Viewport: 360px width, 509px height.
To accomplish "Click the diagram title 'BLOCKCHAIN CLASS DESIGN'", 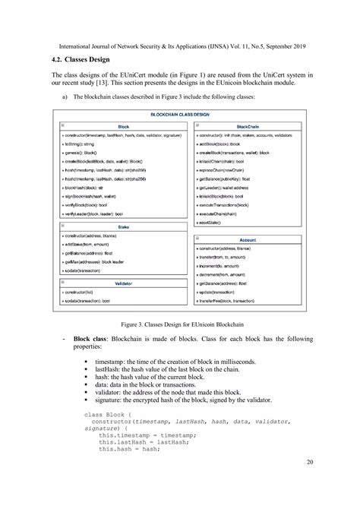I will (x=179, y=114).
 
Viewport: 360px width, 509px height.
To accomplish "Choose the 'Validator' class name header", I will (x=123, y=283).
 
